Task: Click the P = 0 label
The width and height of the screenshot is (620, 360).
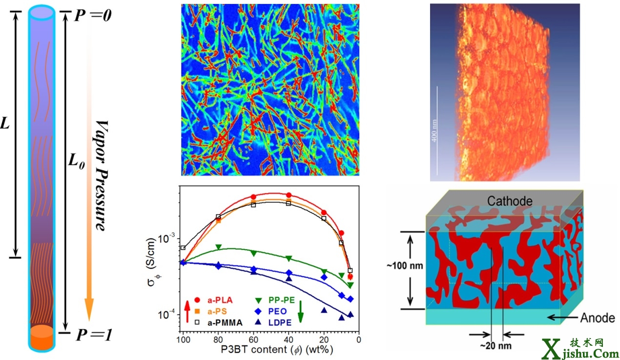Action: point(93,16)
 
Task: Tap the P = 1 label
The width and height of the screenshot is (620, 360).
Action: point(93,335)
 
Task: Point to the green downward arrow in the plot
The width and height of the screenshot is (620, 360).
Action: point(301,310)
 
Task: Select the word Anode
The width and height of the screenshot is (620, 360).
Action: point(598,318)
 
